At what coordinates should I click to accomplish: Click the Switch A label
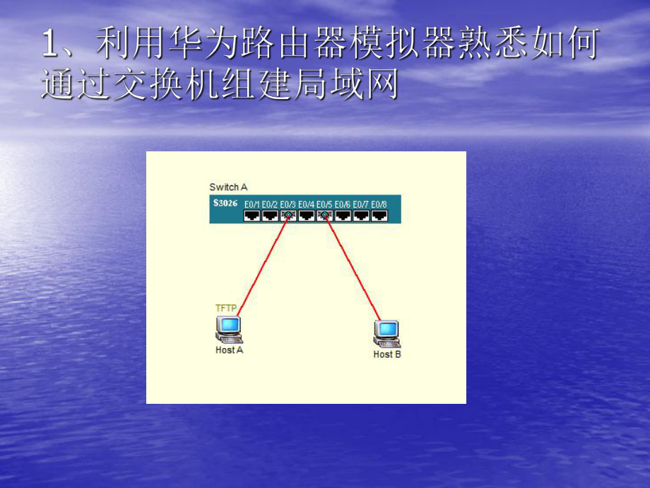(x=228, y=187)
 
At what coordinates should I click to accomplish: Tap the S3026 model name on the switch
(x=225, y=203)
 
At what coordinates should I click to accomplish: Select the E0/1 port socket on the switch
(x=252, y=215)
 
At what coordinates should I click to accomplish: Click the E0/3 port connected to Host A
(x=288, y=215)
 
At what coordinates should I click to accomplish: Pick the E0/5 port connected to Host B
(x=324, y=215)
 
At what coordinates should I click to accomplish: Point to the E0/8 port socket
(x=379, y=215)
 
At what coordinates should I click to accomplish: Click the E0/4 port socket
(x=306, y=215)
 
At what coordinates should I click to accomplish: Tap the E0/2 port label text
(x=269, y=204)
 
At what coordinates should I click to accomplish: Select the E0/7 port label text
(x=361, y=204)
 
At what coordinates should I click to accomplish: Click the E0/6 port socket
(x=343, y=215)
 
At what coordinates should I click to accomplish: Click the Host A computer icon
(x=229, y=330)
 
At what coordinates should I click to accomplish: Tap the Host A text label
(x=229, y=350)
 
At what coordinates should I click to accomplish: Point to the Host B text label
(x=386, y=354)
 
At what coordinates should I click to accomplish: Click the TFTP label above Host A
(x=226, y=308)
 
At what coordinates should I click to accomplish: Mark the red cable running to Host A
(x=262, y=266)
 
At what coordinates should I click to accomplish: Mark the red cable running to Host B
(x=353, y=267)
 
